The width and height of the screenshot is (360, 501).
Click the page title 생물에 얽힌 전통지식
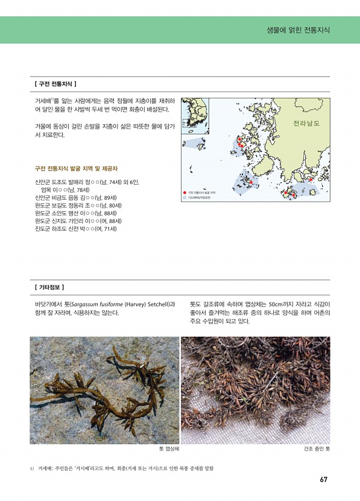click(x=298, y=30)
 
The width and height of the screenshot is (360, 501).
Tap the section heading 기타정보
click(x=51, y=287)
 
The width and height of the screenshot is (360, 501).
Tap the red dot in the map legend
click(x=185, y=192)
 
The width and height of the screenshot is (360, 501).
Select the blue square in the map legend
click(x=185, y=197)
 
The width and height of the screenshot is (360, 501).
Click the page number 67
click(x=324, y=480)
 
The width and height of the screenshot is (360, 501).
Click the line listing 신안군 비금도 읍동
click(x=76, y=197)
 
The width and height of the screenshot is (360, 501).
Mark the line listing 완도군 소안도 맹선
click(x=76, y=213)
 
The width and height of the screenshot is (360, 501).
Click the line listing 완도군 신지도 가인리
click(x=78, y=221)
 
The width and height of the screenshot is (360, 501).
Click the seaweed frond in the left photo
click(x=109, y=386)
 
